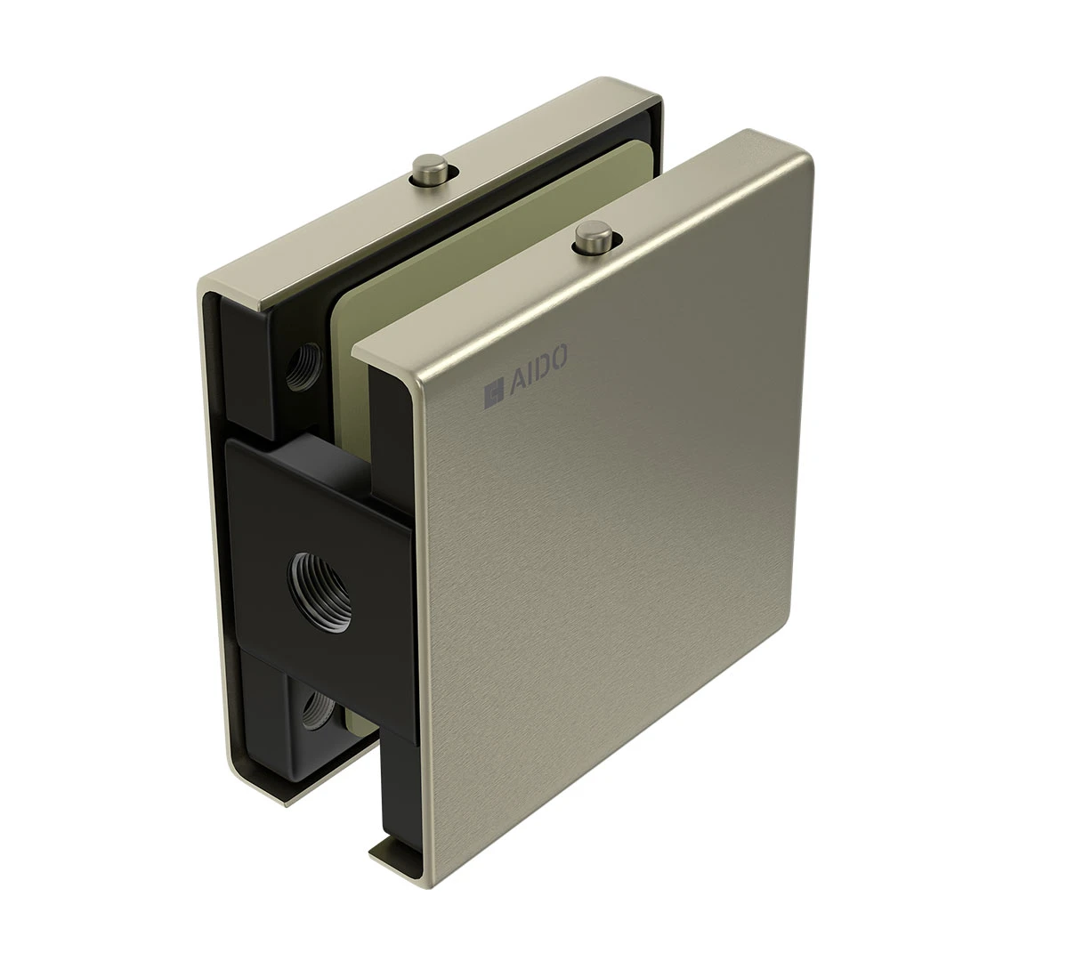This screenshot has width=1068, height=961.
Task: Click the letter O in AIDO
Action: [557, 356]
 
